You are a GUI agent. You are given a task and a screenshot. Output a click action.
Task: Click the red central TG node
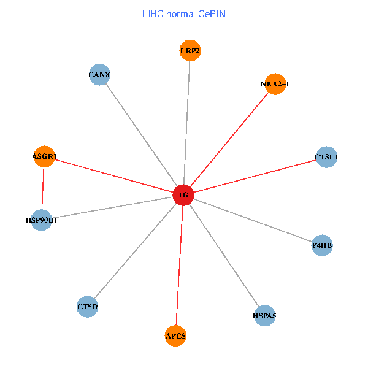183,196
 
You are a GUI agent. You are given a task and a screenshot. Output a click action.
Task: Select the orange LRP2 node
190,51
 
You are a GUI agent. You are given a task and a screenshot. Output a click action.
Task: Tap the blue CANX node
99,75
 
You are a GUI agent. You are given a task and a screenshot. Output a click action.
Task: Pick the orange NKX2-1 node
275,84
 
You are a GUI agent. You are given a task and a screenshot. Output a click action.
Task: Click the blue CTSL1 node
326,157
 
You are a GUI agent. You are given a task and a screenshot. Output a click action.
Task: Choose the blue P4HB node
322,245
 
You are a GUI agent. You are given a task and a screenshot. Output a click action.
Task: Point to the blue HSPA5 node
264,316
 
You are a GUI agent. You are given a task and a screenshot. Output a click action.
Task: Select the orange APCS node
175,335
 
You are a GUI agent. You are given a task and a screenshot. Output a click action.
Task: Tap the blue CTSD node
88,306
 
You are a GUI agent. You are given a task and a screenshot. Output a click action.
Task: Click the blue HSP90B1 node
41,220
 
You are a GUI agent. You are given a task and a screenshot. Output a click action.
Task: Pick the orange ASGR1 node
44,156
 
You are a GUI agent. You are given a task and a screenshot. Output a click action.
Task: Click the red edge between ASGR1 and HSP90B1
43,188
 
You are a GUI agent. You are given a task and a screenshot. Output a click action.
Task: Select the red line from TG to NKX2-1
229,140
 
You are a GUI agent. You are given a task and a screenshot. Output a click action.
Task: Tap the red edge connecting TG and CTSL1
255,177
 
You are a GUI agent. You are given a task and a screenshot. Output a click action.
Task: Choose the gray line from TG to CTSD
135,251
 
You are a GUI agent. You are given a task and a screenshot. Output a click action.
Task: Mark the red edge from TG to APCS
179,266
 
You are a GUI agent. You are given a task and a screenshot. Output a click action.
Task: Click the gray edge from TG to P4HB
252,220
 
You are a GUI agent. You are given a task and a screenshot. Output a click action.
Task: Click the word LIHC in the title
153,13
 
